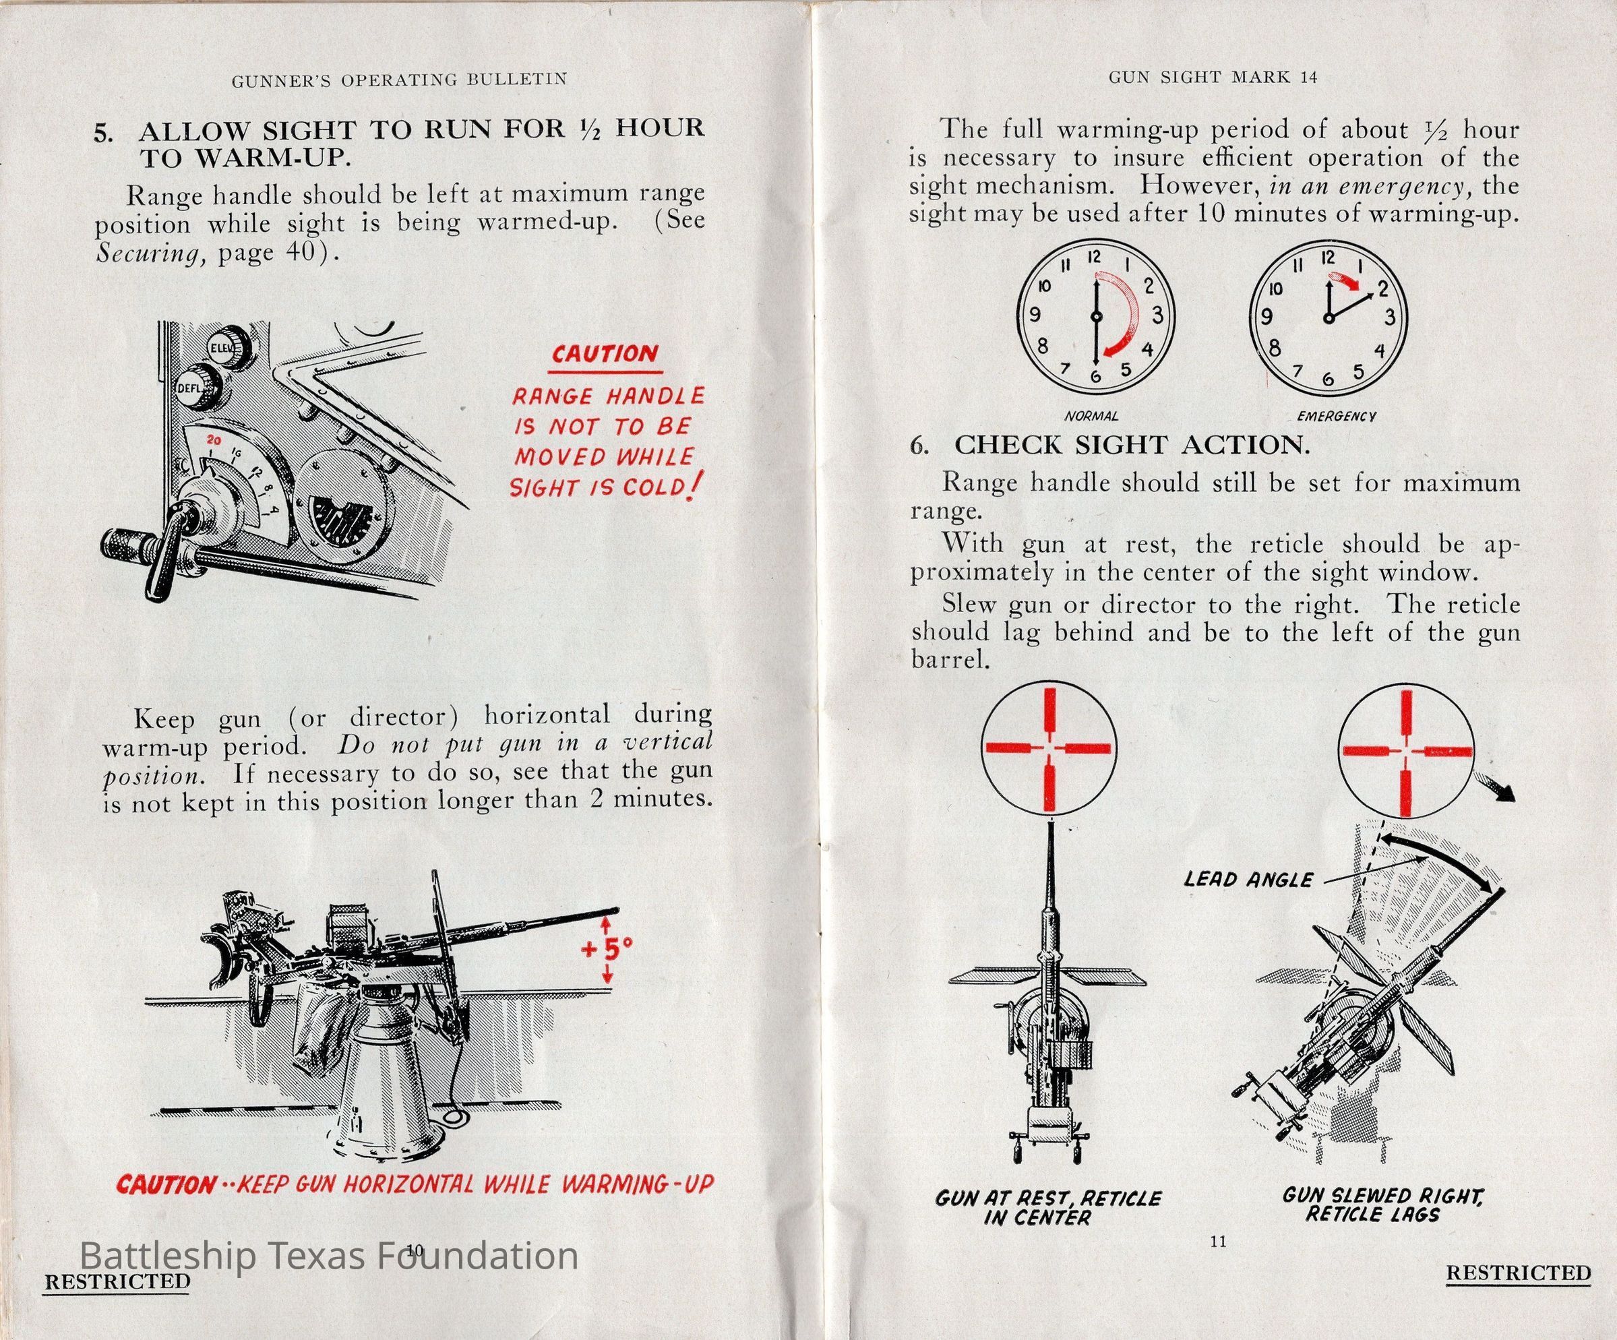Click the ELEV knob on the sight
tap(228, 349)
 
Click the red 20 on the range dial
tap(214, 441)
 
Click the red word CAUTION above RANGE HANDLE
tap(605, 355)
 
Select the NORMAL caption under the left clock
tap(1091, 416)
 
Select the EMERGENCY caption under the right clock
tap(1336, 417)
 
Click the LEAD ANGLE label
tap(1248, 880)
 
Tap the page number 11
tap(1217, 1241)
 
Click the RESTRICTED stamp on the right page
tap(1519, 1273)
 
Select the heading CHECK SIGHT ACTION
tap(1131, 445)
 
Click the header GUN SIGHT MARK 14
tap(1213, 77)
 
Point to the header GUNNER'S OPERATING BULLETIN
tap(399, 80)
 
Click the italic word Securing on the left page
tap(151, 253)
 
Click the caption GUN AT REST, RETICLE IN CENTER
tap(1048, 1207)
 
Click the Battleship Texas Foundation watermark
tap(329, 1256)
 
